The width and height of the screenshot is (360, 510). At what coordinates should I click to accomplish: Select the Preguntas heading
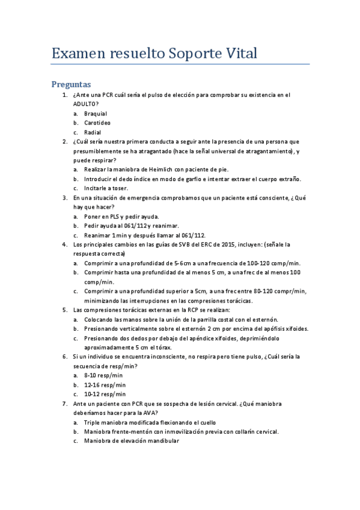[71, 85]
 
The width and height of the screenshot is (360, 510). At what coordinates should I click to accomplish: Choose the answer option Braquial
[96, 113]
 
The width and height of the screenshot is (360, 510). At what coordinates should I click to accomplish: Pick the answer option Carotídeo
[97, 123]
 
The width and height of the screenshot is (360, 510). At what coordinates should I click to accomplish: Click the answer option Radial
[93, 132]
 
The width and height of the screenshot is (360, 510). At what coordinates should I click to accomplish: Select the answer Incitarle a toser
[105, 188]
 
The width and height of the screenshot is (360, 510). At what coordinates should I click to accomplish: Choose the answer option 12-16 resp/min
[105, 385]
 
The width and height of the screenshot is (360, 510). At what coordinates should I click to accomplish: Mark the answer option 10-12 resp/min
[105, 394]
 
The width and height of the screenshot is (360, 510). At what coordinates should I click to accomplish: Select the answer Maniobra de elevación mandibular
[132, 441]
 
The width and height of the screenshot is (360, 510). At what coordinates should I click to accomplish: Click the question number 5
[65, 310]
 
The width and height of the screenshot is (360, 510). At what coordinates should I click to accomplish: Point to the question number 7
[65, 404]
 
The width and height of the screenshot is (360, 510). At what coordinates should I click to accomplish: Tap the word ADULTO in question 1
[85, 104]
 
